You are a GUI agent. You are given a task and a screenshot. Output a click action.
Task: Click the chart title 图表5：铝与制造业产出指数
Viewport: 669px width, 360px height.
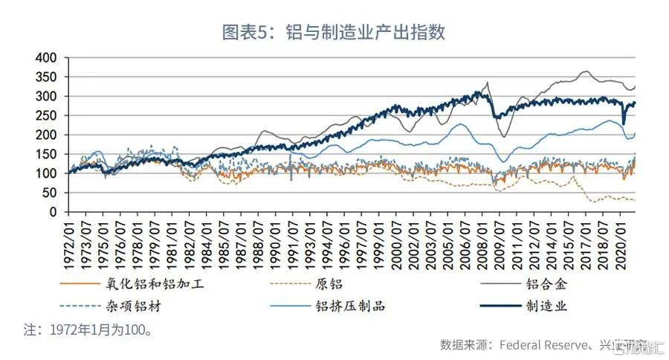click(334, 32)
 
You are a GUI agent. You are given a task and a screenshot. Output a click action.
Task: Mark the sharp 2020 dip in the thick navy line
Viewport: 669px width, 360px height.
click(624, 123)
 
